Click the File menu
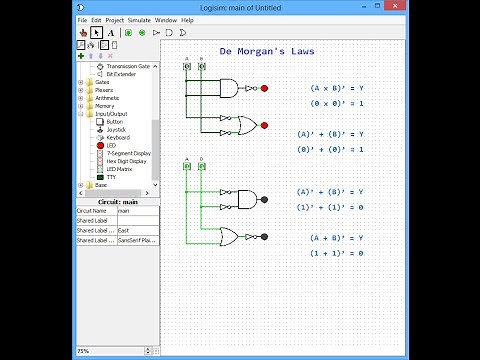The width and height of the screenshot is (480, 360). tap(82, 20)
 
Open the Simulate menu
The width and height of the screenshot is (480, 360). tap(139, 20)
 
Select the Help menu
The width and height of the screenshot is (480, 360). tap(187, 20)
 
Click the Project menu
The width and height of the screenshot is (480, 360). tap(114, 20)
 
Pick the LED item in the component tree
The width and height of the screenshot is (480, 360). tap(111, 145)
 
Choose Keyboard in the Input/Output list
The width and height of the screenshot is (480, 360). tap(118, 137)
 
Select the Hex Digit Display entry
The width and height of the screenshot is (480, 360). tap(126, 161)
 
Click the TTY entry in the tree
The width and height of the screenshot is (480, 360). tap(111, 177)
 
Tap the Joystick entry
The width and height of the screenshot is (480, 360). tap(117, 129)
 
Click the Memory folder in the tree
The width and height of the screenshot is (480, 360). tap(104, 106)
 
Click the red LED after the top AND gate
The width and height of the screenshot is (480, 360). tap(264, 88)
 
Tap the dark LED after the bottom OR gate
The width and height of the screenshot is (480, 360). tap(264, 237)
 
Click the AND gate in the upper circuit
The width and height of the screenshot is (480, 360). tap(228, 88)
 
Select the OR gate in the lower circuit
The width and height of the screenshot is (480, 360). tap(229, 237)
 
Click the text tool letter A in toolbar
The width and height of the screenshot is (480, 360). tap(110, 32)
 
